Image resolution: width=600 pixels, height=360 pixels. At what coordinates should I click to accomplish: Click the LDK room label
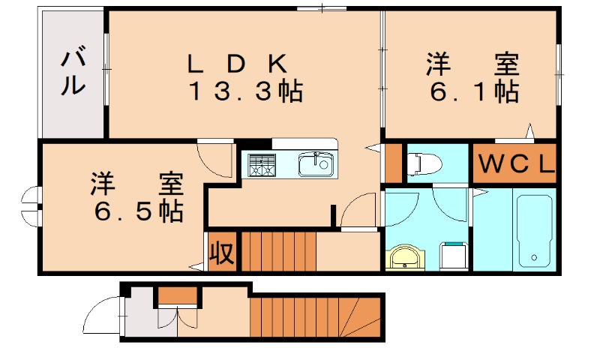click(236, 64)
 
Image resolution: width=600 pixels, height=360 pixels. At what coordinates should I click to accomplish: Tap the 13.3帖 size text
click(244, 92)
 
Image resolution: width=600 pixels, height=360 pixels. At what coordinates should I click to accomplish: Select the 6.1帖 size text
click(474, 92)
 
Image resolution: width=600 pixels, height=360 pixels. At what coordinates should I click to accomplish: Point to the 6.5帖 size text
click(139, 211)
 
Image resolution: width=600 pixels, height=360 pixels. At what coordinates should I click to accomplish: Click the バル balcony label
click(73, 72)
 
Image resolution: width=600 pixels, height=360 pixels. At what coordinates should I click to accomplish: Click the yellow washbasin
click(405, 257)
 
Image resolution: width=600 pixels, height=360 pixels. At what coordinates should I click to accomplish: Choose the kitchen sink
click(316, 163)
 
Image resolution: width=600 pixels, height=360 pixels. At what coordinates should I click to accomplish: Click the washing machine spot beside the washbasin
click(453, 256)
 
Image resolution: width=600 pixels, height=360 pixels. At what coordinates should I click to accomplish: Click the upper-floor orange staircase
click(277, 251)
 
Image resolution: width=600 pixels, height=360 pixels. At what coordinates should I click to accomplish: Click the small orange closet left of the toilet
click(393, 163)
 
